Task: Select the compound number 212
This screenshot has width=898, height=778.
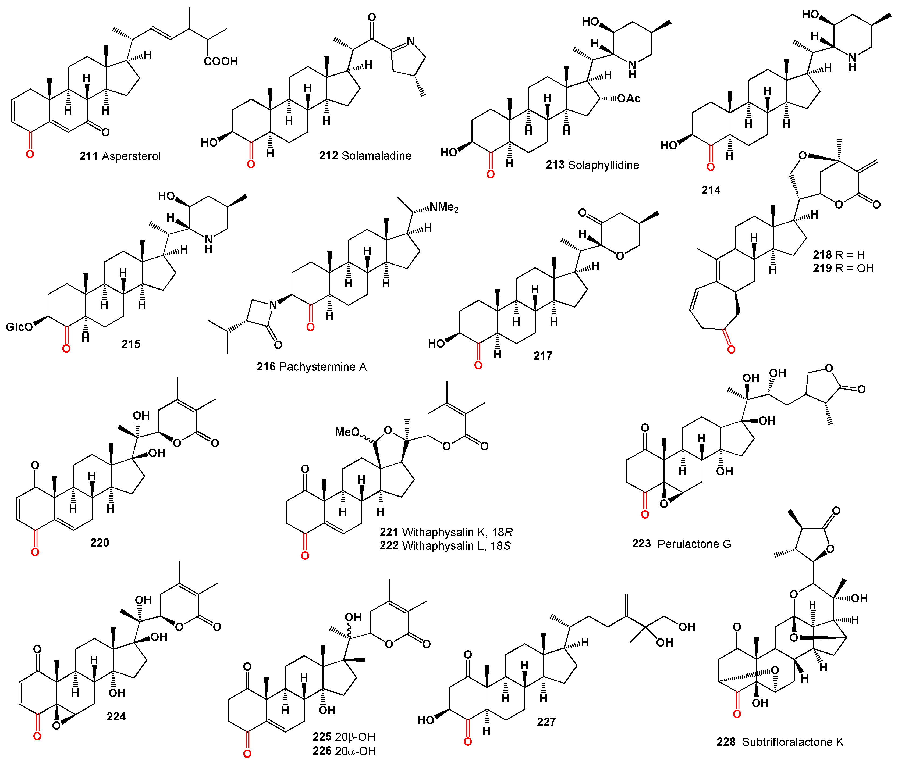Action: click(x=328, y=155)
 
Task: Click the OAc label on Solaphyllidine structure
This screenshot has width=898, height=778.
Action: click(x=628, y=99)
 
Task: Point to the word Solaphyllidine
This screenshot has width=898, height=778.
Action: click(x=603, y=165)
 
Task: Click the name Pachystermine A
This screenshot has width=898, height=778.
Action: click(x=323, y=367)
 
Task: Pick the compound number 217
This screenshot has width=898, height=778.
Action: click(x=542, y=356)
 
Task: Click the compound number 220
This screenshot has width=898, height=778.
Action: click(x=100, y=542)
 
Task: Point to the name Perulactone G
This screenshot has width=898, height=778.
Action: click(x=694, y=544)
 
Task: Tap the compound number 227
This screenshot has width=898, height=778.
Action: click(x=546, y=722)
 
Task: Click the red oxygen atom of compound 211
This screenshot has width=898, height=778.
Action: click(x=30, y=154)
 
